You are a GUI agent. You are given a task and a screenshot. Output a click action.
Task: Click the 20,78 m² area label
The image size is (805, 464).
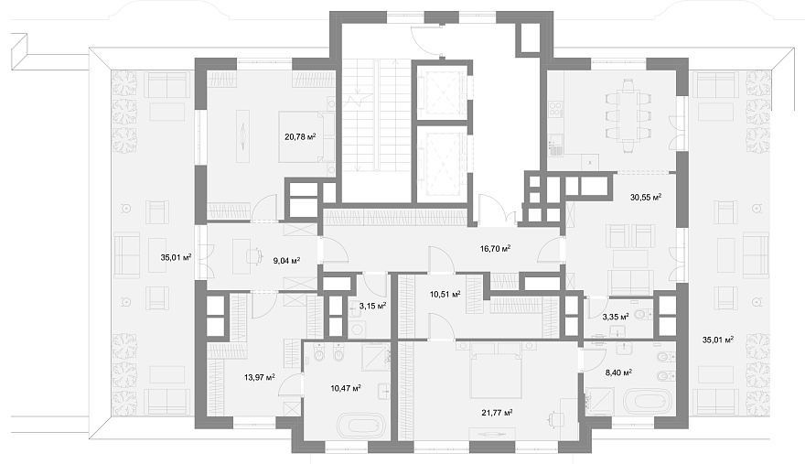pos(300,136)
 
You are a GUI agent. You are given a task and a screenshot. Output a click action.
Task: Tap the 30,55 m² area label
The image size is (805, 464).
pos(645,197)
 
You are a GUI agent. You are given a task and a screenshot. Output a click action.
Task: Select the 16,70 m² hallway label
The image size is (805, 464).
pos(495,249)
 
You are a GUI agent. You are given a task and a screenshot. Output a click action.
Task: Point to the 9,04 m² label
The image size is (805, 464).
pos(286,261)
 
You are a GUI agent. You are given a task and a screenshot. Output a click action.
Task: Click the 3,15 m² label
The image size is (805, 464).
pos(372,306)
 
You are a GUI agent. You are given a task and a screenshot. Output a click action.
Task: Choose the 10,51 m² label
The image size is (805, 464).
pos(445,295)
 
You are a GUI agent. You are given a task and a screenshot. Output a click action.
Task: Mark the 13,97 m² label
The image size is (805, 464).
pos(259,377)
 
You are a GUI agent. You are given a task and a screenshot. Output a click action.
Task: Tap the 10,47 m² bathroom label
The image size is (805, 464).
pos(346,388)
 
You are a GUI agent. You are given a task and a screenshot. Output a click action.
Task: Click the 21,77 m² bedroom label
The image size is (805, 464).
pos(497,413)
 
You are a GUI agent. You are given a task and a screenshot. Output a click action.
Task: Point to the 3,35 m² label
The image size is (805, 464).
pos(616,316)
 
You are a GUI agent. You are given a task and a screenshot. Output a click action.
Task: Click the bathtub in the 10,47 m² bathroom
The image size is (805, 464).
pos(360,425)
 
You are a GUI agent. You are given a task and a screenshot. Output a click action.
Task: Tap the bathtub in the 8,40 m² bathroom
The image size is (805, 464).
pos(648,400)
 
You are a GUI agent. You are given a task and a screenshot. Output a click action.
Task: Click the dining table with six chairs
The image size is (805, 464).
pos(628,115)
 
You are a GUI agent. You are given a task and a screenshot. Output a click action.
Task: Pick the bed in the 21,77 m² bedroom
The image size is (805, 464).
pos(496,370)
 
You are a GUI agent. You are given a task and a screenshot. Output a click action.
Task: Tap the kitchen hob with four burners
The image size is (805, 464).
pos(555,108)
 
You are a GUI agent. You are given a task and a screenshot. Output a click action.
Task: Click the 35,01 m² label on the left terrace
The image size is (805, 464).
pos(176,257)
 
